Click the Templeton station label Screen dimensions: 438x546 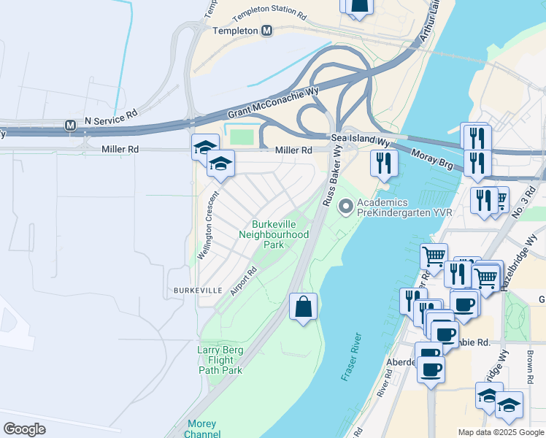(x=235, y=31)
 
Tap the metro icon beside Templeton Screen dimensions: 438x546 (x=267, y=31)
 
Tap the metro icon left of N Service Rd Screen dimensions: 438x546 (x=71, y=125)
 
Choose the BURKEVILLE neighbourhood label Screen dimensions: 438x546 (x=197, y=290)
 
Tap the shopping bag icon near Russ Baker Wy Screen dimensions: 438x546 (x=303, y=307)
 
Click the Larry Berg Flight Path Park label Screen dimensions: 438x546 (x=220, y=360)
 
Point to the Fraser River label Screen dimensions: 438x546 (x=352, y=357)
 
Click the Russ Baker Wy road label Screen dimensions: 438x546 (x=333, y=175)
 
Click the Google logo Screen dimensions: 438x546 (x=25, y=429)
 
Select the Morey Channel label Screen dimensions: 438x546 (x=201, y=429)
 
